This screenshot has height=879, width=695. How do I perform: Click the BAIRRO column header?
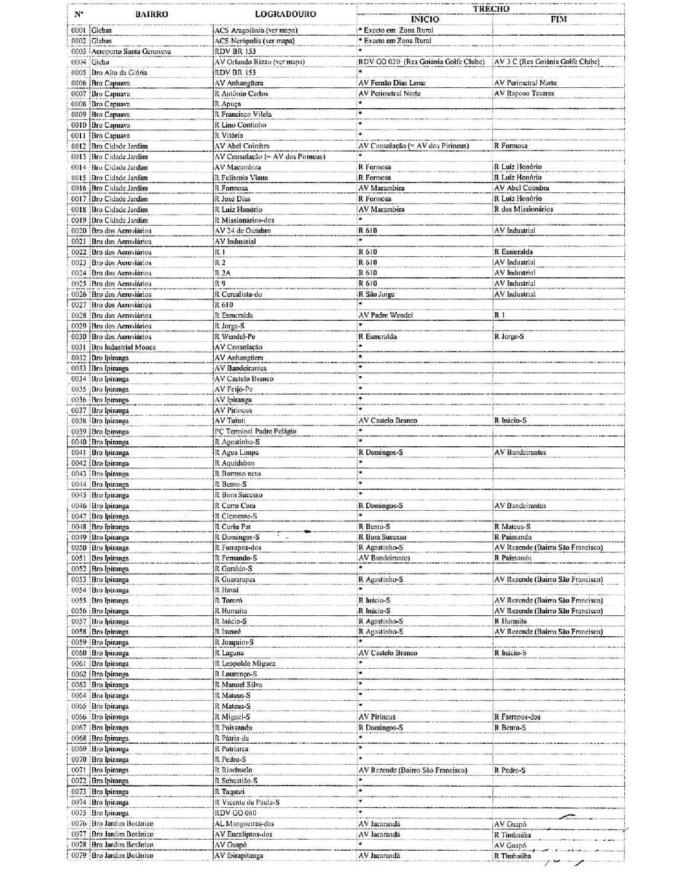point(151,14)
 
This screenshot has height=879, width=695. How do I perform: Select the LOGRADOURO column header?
point(285,14)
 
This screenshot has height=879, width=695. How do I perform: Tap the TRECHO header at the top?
point(490,9)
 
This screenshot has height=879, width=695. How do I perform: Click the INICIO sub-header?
point(425,20)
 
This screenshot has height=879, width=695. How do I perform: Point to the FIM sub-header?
point(558,20)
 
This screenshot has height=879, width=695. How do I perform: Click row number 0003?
point(78,52)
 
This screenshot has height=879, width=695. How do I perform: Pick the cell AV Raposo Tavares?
point(524,93)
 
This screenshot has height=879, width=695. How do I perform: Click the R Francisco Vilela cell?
point(243,114)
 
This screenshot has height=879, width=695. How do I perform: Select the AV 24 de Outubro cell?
point(243,231)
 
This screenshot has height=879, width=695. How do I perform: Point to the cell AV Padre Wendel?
point(385,315)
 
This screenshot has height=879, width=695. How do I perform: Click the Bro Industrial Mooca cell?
point(124,347)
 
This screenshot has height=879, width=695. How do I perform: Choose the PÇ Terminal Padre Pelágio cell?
point(255,432)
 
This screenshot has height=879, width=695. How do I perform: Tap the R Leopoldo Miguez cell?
point(245,664)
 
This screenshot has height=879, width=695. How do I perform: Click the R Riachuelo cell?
point(234,770)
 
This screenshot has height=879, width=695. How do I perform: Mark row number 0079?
point(78,856)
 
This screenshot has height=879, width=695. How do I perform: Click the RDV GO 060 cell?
point(235,813)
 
